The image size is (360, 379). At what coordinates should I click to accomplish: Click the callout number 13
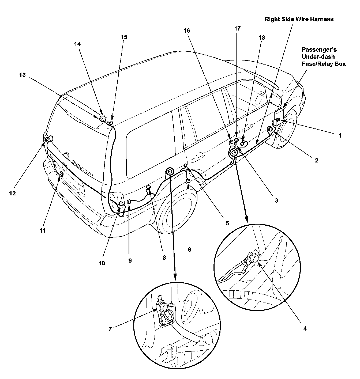(x=22, y=75)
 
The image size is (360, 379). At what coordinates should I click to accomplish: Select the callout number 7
(x=110, y=329)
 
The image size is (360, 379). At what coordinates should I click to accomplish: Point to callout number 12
(x=13, y=193)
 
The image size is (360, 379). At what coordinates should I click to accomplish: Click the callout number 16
(x=187, y=31)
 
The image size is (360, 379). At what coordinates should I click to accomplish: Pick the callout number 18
(x=262, y=38)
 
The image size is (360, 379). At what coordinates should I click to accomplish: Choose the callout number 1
(x=340, y=135)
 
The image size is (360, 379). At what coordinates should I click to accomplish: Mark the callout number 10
(x=102, y=263)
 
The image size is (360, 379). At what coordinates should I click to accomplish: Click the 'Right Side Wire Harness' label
(x=299, y=19)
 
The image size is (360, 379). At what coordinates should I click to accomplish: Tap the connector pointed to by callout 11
(x=61, y=174)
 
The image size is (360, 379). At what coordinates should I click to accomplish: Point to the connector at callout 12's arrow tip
(x=47, y=139)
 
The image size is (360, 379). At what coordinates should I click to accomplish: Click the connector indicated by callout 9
(x=129, y=201)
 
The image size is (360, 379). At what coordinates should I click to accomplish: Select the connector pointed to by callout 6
(x=188, y=181)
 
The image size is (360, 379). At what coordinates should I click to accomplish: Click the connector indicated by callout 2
(x=271, y=130)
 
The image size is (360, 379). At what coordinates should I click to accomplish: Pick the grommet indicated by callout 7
(x=162, y=308)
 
